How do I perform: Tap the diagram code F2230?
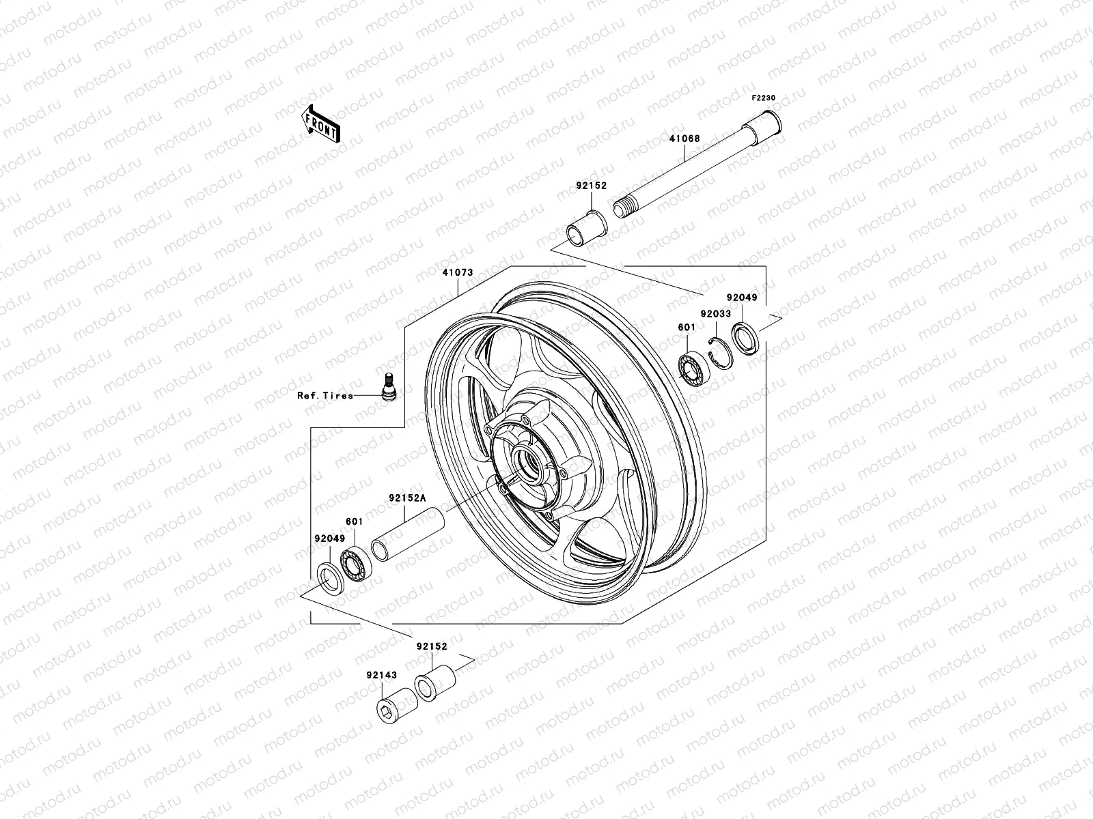[x=764, y=98]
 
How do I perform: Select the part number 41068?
[x=684, y=139]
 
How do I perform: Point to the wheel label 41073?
[x=457, y=272]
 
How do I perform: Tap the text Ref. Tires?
[x=325, y=396]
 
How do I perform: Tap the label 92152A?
[x=407, y=498]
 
